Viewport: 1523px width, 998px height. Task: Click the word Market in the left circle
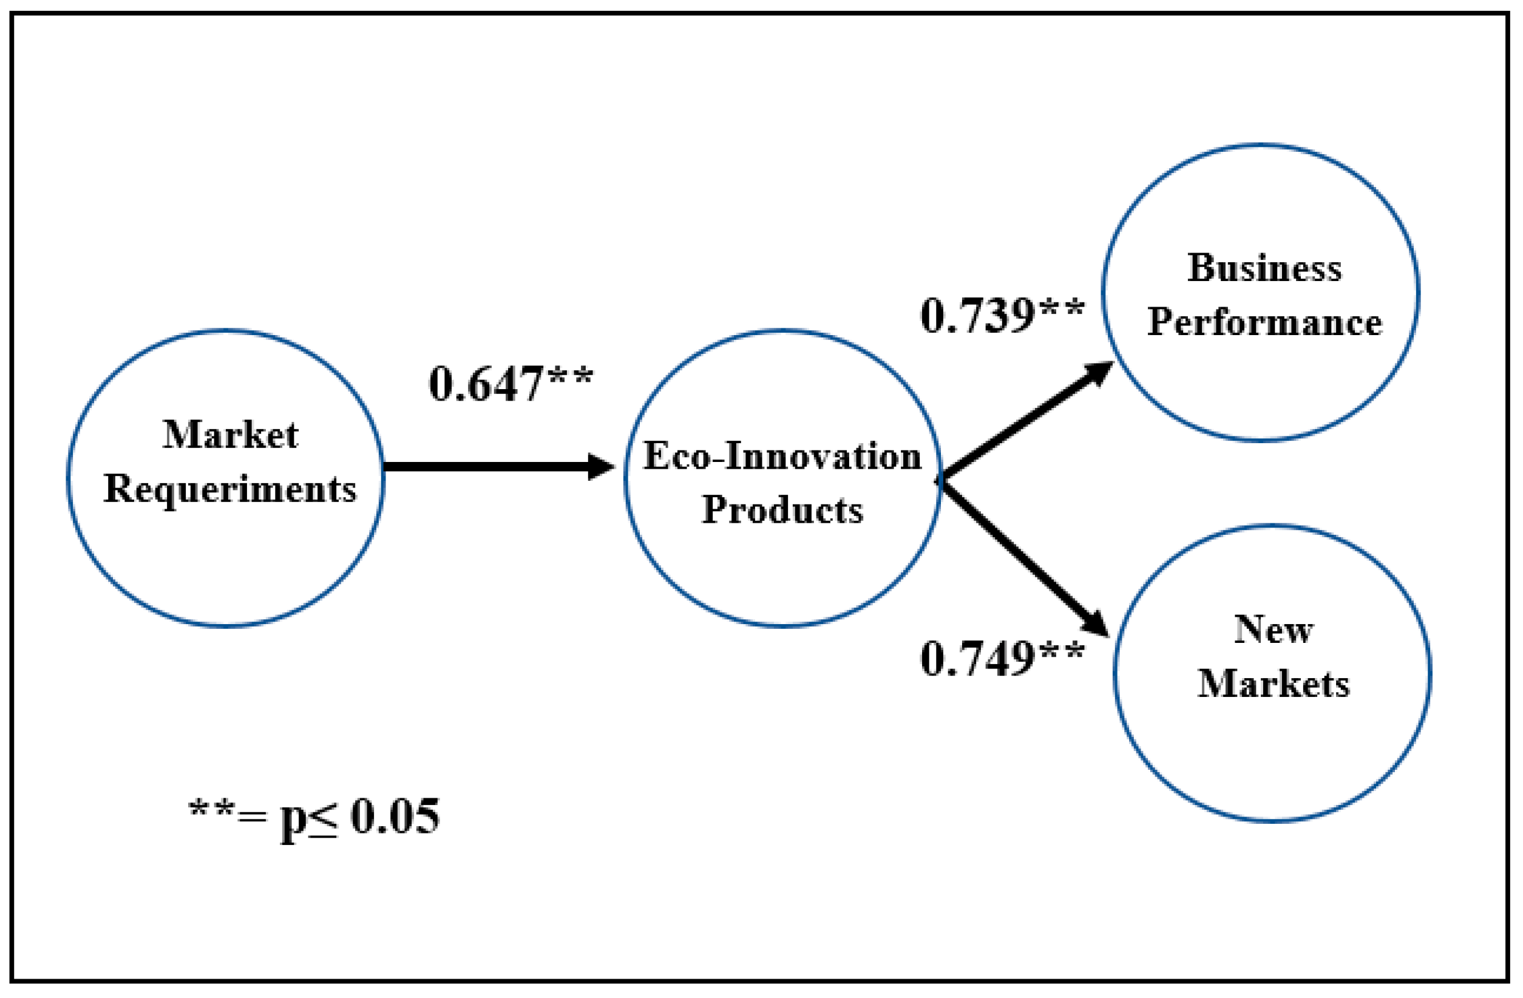(x=231, y=435)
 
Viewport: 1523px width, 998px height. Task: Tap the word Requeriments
(x=229, y=490)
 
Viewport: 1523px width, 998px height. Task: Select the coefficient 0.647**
(x=510, y=384)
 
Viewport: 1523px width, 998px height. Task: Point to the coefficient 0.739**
(x=1002, y=316)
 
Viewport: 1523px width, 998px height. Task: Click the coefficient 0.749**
(x=1002, y=659)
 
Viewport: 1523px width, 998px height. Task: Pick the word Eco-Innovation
(x=782, y=457)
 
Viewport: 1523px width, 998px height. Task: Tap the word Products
(x=782, y=510)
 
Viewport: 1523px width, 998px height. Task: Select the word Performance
(x=1264, y=322)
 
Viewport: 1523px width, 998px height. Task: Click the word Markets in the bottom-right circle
(x=1274, y=684)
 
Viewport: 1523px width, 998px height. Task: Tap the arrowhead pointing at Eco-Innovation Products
(x=600, y=467)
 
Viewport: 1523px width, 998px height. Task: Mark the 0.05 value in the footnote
(x=395, y=817)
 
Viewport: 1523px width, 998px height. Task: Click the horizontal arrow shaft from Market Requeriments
(x=486, y=467)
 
